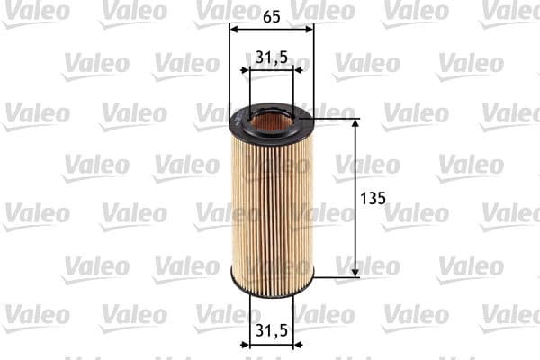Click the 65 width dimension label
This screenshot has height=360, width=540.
click(x=271, y=15)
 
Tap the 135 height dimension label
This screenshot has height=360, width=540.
click(x=372, y=197)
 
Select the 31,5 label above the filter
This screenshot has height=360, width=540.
click(x=271, y=57)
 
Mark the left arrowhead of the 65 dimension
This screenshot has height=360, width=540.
click(x=234, y=29)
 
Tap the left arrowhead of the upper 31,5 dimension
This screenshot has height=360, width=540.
click(x=253, y=70)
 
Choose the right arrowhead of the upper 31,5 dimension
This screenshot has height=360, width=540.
click(x=290, y=70)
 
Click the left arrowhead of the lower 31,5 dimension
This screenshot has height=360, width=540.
click(x=253, y=344)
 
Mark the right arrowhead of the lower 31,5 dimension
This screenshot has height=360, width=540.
click(x=290, y=344)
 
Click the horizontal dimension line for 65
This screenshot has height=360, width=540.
click(x=272, y=29)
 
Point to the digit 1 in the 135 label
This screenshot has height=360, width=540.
click(x=363, y=197)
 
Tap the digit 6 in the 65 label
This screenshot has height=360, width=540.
click(x=266, y=15)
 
